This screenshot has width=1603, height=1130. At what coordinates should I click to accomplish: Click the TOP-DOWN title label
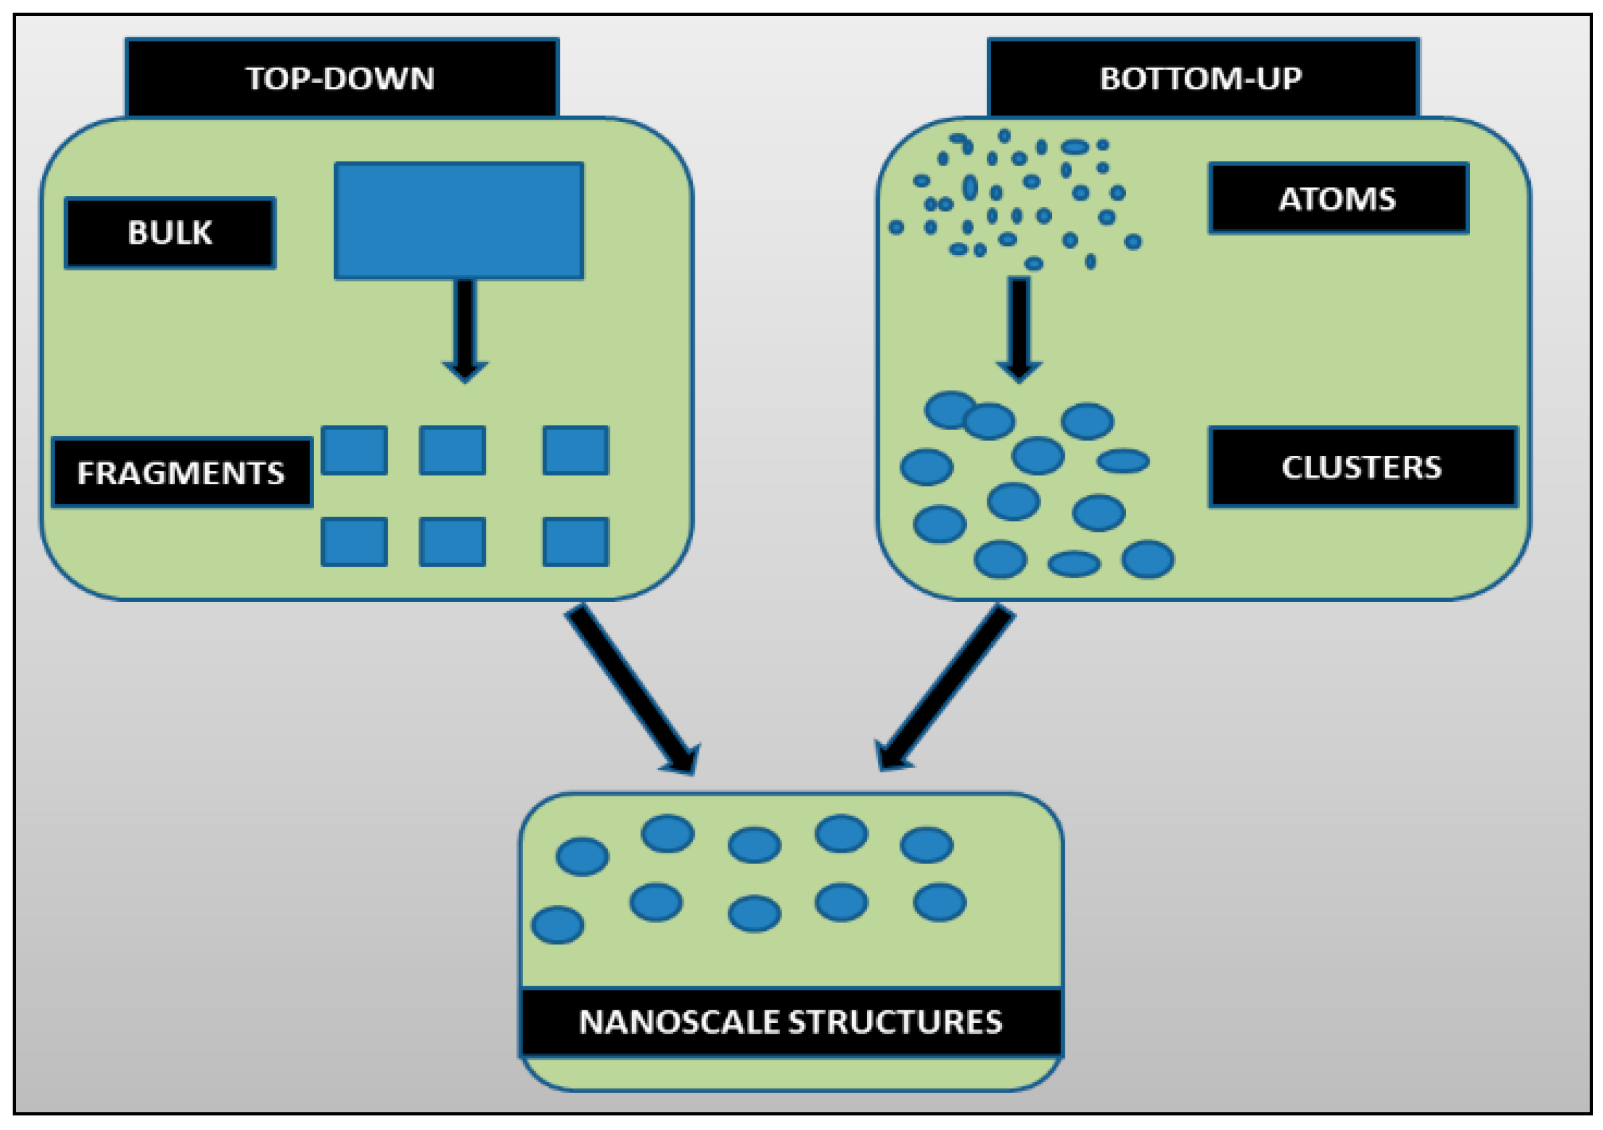(x=341, y=78)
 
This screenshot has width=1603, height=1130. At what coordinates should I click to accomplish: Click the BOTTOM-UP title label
(x=1201, y=78)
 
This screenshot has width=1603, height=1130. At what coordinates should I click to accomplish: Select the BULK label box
(x=170, y=233)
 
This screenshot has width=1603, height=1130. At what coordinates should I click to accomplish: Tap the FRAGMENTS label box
(x=182, y=472)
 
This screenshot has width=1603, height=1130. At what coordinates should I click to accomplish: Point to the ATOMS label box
(x=1338, y=199)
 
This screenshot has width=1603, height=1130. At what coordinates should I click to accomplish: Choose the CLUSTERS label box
(x=1362, y=467)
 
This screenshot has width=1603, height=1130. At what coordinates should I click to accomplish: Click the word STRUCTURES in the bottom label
(x=896, y=1022)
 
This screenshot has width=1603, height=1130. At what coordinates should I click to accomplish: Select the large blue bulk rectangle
(x=459, y=220)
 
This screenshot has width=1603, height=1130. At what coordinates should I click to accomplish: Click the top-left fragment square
(x=354, y=450)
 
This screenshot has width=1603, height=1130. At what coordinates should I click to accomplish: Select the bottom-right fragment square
(x=575, y=542)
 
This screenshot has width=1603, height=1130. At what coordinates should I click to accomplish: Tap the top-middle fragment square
(x=452, y=450)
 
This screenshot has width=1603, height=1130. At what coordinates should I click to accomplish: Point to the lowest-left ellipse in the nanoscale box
(x=557, y=925)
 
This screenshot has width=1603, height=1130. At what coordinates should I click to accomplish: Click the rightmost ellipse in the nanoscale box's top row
(x=927, y=845)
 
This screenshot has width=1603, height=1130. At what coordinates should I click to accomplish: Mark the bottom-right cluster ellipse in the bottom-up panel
(x=1148, y=559)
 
